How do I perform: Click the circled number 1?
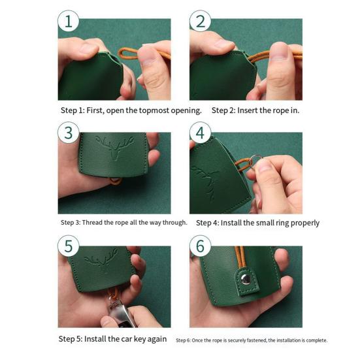coord(69,21)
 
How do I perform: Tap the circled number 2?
coord(200,21)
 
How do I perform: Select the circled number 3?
coord(69,133)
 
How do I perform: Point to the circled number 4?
coord(200,133)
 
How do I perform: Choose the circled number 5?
coord(69,246)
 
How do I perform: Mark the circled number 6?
coord(200,246)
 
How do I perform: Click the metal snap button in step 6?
coord(246,279)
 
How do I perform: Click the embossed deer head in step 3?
coord(114,148)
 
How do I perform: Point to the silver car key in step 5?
coord(120,313)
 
